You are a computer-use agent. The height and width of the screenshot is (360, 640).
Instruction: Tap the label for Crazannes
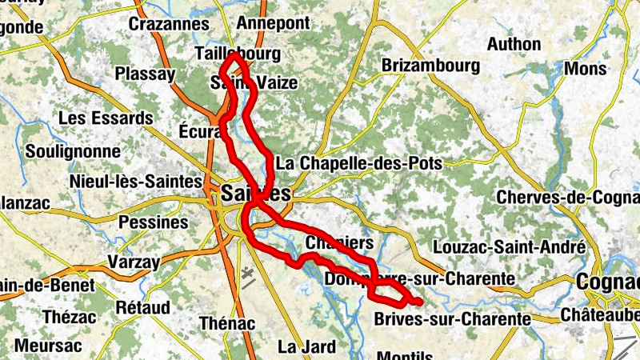169,24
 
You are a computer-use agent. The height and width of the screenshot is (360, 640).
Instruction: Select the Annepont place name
273,23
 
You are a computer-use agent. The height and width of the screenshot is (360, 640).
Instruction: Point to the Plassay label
145,74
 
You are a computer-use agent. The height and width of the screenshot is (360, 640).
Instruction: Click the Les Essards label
106,118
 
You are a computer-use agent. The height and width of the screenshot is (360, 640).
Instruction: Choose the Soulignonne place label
73,151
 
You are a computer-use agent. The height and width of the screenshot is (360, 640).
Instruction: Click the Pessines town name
158,222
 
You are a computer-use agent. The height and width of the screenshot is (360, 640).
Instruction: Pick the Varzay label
133,261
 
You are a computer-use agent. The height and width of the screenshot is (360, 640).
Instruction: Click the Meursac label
48,346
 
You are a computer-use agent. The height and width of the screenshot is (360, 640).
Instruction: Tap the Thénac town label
226,323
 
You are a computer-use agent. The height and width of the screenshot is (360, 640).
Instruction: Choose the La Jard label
307,346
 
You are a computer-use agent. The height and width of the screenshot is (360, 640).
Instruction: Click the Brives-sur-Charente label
452,318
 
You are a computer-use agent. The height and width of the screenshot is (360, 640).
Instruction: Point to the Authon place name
514,44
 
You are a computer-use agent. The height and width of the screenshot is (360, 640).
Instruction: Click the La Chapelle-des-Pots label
358,163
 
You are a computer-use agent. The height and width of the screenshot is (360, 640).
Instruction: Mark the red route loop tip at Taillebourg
234,55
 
